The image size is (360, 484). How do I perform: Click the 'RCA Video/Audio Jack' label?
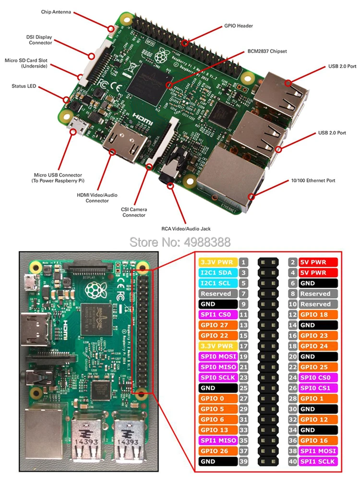[186, 229]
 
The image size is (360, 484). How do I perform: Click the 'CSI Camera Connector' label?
[134, 212]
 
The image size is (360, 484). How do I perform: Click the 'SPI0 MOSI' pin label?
[218, 356]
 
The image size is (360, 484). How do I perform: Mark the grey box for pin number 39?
[244, 461]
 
